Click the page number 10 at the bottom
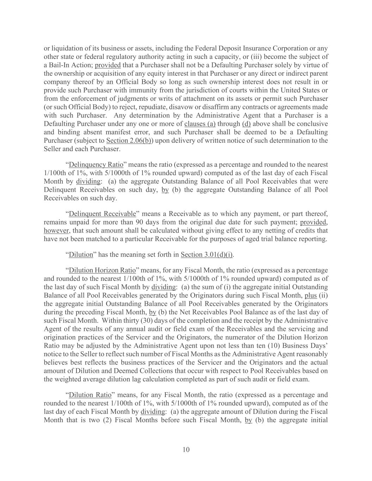coord(186,449)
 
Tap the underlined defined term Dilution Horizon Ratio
coord(102,270)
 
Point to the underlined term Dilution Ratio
coord(90,395)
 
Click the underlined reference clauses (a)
coord(200,124)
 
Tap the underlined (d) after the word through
coord(246,124)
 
